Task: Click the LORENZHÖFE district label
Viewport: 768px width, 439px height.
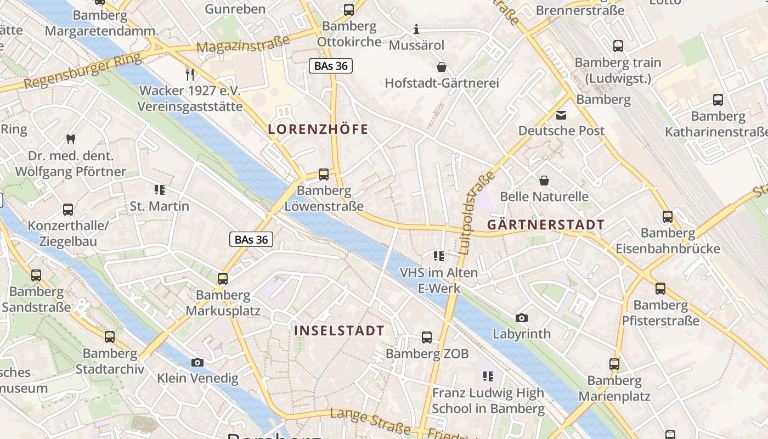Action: coord(318,130)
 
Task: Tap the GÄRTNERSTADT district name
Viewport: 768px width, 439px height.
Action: coord(546,224)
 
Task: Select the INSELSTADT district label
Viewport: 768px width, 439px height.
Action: coord(339,330)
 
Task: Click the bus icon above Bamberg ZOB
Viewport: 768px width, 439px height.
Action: coord(427,337)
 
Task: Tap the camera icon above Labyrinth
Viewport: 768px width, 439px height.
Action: coord(522,318)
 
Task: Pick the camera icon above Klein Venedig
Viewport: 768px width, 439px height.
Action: coord(197,362)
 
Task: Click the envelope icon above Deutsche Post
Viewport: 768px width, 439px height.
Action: coord(561,115)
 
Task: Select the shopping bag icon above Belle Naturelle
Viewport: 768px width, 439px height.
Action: coord(544,181)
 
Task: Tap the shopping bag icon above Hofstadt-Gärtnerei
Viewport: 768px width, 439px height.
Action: coord(441,67)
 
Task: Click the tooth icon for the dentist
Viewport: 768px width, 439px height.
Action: coord(70,139)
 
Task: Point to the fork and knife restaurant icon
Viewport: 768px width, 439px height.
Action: coord(190,74)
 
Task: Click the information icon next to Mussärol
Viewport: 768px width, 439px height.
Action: coord(416,29)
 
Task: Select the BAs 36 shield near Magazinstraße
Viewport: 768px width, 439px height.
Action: coord(330,66)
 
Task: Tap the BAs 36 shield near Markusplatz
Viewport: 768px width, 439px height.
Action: coord(251,239)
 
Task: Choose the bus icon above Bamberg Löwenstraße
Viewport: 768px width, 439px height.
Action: coord(324,175)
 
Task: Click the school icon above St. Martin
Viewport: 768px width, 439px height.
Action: coord(160,190)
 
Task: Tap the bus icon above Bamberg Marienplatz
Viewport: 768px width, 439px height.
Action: coord(614,364)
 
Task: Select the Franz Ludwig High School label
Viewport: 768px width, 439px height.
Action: coord(488,401)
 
